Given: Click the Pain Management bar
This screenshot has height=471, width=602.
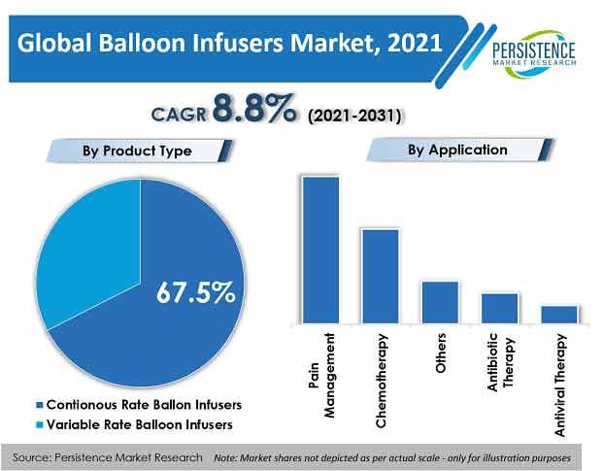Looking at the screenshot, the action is (x=320, y=250).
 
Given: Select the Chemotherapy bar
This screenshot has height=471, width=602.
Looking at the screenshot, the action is (x=380, y=277).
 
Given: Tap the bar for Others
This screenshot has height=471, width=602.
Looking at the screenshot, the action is (x=440, y=302).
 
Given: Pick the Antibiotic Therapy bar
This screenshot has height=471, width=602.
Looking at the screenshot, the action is (x=499, y=308).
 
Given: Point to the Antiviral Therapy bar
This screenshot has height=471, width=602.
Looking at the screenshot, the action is (x=559, y=315).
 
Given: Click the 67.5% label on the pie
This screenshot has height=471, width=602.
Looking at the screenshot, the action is (x=196, y=292).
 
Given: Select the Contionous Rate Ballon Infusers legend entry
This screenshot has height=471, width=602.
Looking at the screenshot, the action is (x=139, y=405).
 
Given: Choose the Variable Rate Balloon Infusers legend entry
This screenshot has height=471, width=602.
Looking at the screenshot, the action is (x=134, y=424).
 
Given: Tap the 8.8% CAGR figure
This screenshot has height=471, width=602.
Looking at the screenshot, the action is (x=255, y=109).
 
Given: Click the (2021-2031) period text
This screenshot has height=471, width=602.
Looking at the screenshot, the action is (x=354, y=116).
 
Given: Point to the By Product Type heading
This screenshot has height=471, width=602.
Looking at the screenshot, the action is (x=137, y=151).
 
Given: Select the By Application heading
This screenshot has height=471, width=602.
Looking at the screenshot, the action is (x=457, y=150).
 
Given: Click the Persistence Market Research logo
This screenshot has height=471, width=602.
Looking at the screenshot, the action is (x=534, y=53).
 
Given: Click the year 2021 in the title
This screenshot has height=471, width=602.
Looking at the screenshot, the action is (x=415, y=43).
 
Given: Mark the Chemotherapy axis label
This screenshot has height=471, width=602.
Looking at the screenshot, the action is (x=381, y=381).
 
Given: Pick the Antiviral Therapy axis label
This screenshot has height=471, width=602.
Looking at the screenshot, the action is (x=560, y=385).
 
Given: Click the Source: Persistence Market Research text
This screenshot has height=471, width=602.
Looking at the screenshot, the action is (x=107, y=457).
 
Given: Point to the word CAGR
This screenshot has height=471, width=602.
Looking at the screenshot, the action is (x=179, y=115).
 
